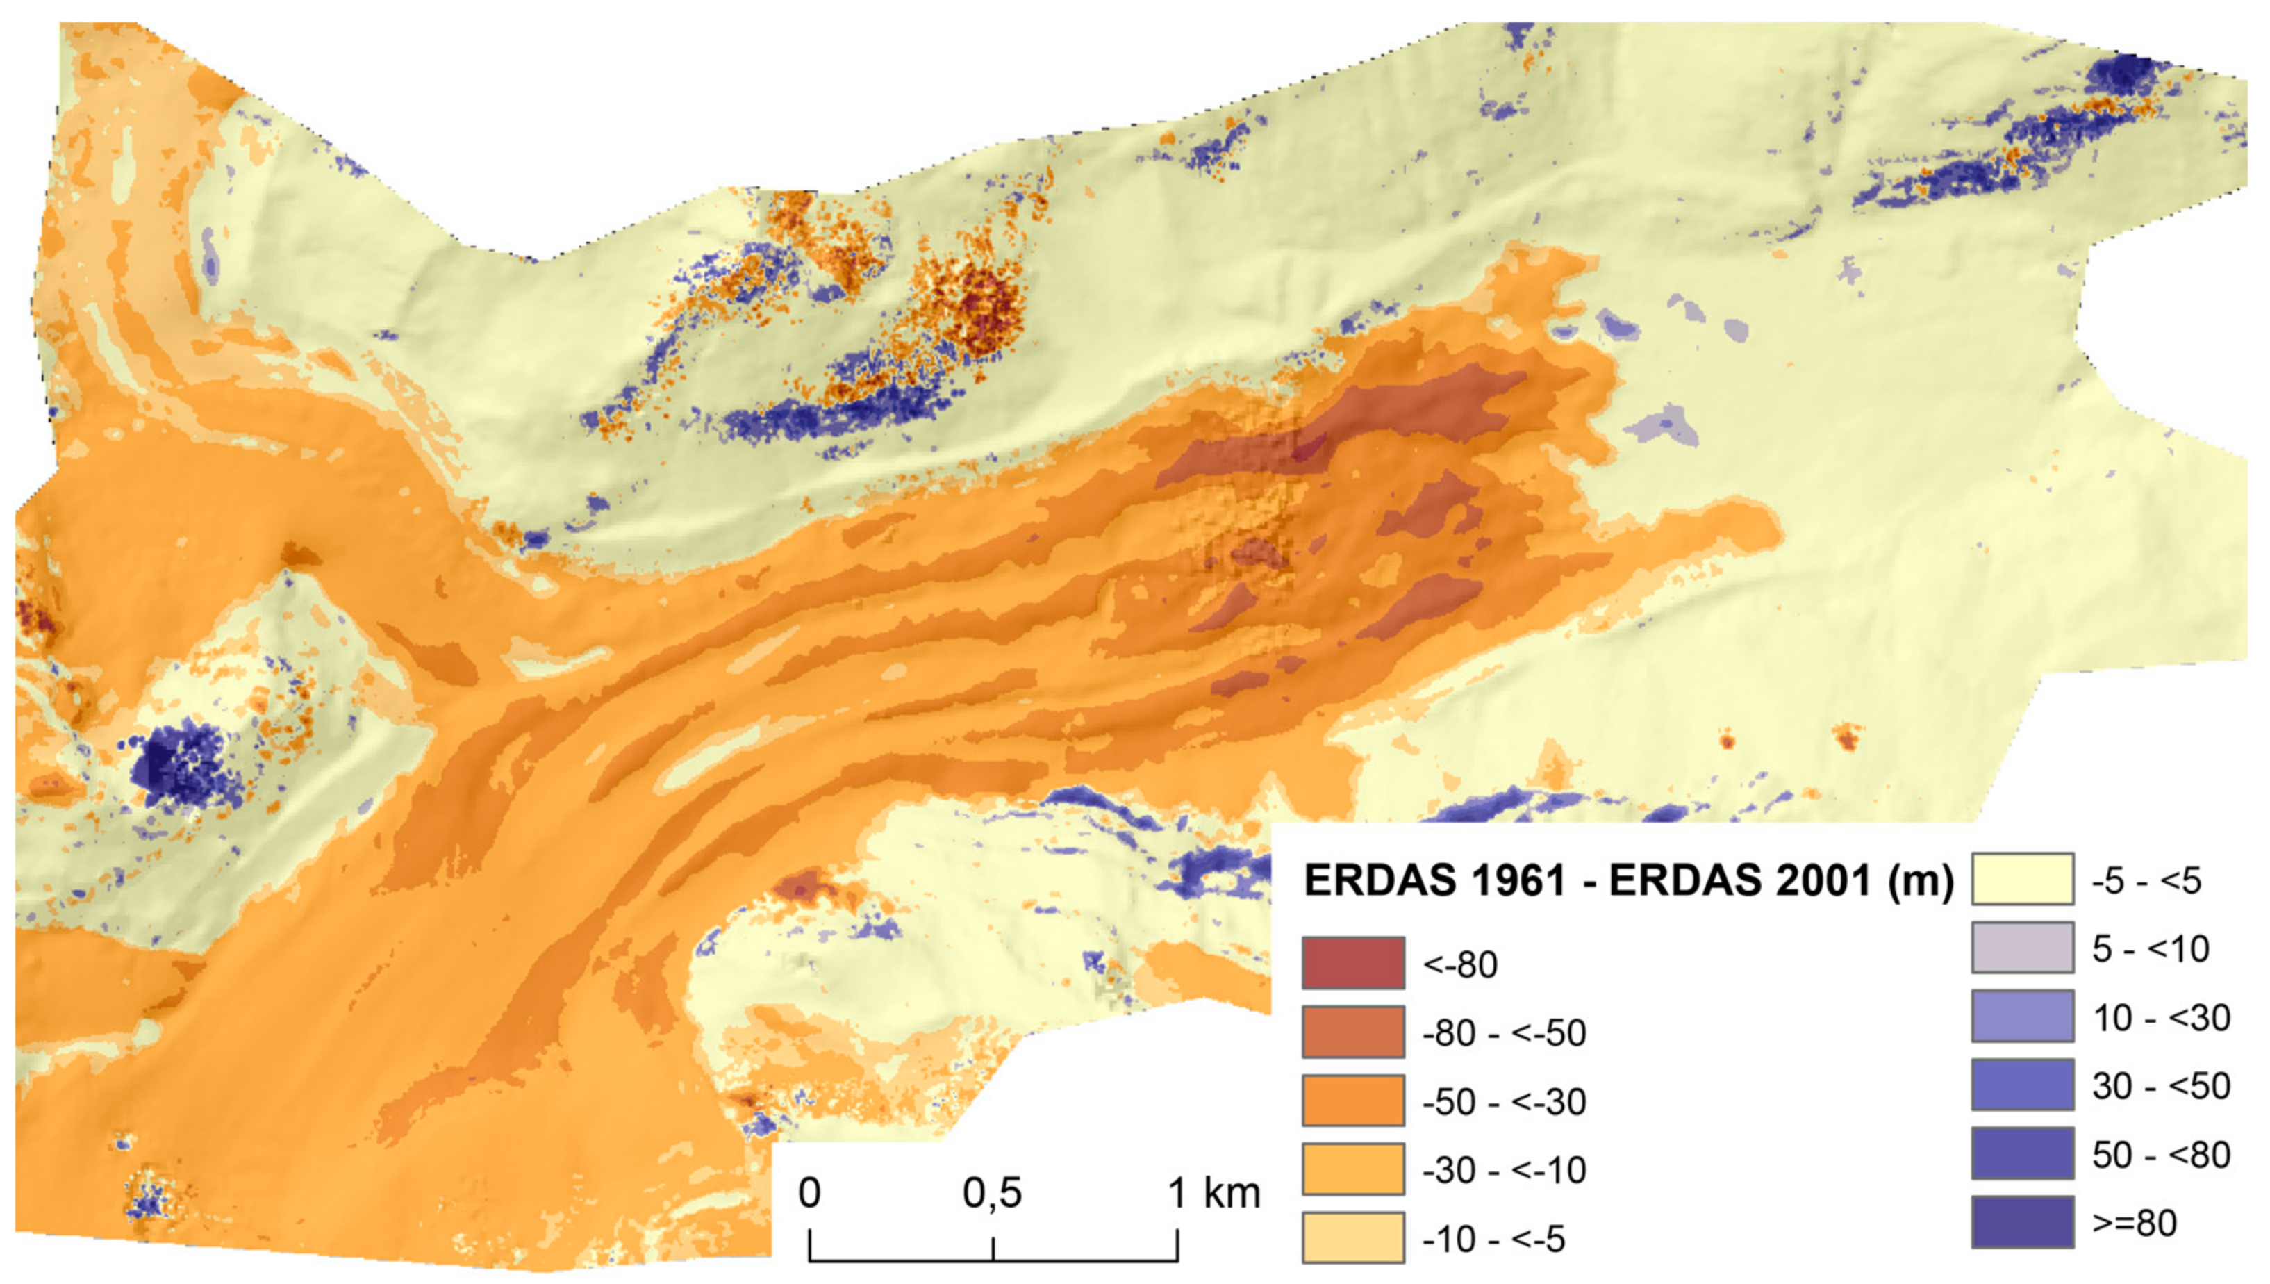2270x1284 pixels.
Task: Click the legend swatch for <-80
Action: pyautogui.click(x=1352, y=962)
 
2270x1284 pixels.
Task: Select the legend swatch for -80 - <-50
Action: pyautogui.click(x=1352, y=1031)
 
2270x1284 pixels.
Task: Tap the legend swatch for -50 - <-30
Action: pyautogui.click(x=1352, y=1100)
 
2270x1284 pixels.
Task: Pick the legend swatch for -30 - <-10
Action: pyautogui.click(x=1352, y=1169)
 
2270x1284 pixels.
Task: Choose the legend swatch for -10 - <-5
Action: pyautogui.click(x=1352, y=1237)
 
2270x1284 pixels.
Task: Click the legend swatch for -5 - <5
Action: pyautogui.click(x=2021, y=878)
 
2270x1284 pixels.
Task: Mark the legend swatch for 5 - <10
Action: pyautogui.click(x=2021, y=947)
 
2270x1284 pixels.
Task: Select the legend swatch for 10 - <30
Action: pyautogui.click(x=2021, y=1016)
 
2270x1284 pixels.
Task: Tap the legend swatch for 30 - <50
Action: pyautogui.click(x=2021, y=1085)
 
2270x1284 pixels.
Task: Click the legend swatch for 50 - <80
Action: pyautogui.click(x=2021, y=1153)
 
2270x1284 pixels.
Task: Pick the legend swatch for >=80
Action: pyautogui.click(x=2021, y=1222)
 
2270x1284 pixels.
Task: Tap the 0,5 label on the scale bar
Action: pyautogui.click(x=992, y=1193)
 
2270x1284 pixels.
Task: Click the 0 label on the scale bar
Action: pyautogui.click(x=809, y=1193)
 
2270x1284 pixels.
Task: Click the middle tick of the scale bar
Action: pyautogui.click(x=993, y=1249)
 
